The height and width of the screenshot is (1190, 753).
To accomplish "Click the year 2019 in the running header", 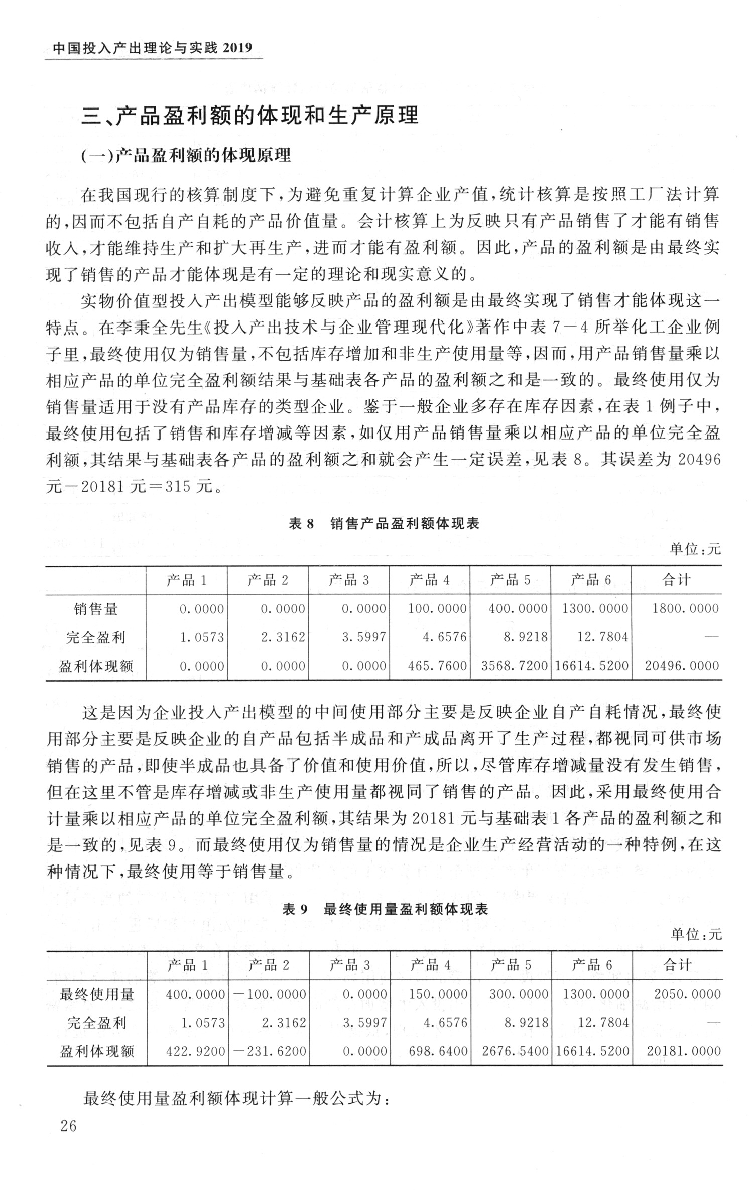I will coord(236,48).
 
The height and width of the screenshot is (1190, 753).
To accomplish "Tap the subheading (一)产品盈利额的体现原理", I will coord(186,156).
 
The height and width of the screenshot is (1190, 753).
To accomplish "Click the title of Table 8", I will coord(384,524).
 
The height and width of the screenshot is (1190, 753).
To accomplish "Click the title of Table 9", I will coord(385,909).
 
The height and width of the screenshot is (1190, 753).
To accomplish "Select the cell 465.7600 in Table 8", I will coord(437,666).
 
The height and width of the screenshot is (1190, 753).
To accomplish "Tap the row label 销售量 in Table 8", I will coord(96,609).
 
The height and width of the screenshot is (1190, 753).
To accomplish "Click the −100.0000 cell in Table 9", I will coord(269,994).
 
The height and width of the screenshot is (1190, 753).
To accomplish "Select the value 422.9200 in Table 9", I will coord(195,1051).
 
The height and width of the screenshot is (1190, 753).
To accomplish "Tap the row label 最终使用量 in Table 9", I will coord(97,994).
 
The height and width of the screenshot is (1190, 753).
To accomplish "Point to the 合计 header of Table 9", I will coord(677,965).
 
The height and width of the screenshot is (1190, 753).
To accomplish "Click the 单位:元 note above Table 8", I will coord(695,550).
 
